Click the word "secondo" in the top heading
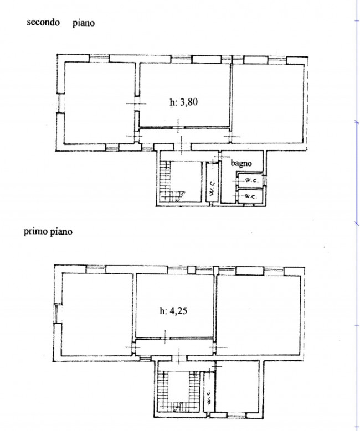click(x=43, y=22)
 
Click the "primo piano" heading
click(x=48, y=231)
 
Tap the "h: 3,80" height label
click(x=183, y=102)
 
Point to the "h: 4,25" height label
click(x=173, y=311)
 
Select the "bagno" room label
click(x=241, y=163)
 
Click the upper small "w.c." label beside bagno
click(x=251, y=180)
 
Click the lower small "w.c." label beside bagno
click(x=251, y=196)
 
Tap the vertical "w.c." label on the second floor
click(x=212, y=188)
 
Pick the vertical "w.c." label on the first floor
click(x=208, y=397)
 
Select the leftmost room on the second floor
click(x=99, y=103)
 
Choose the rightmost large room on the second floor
click(x=268, y=103)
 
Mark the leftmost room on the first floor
click(x=97, y=314)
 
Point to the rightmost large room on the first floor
click(x=258, y=315)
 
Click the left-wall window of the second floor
click(x=60, y=103)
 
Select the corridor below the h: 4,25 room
click(x=174, y=347)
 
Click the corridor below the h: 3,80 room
click(x=184, y=136)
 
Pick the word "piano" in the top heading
click(x=84, y=23)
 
